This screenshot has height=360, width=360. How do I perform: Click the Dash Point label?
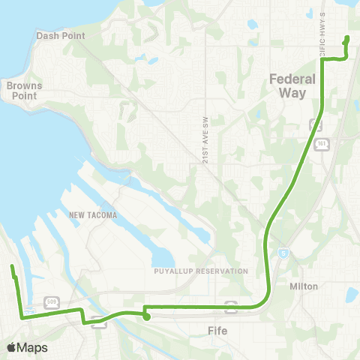(x=61, y=35)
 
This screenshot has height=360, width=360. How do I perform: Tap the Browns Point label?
(x=25, y=91)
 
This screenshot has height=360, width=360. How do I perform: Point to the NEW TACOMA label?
(x=93, y=215)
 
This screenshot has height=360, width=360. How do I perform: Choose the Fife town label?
(x=220, y=330)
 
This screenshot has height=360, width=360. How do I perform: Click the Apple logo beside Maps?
(x=11, y=347)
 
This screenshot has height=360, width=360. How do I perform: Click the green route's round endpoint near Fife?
(x=147, y=317)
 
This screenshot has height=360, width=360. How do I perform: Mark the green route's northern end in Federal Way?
(x=346, y=39)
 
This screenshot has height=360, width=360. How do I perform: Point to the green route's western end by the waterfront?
(x=12, y=267)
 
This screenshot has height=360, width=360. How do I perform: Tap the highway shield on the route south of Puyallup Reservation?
(x=232, y=306)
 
